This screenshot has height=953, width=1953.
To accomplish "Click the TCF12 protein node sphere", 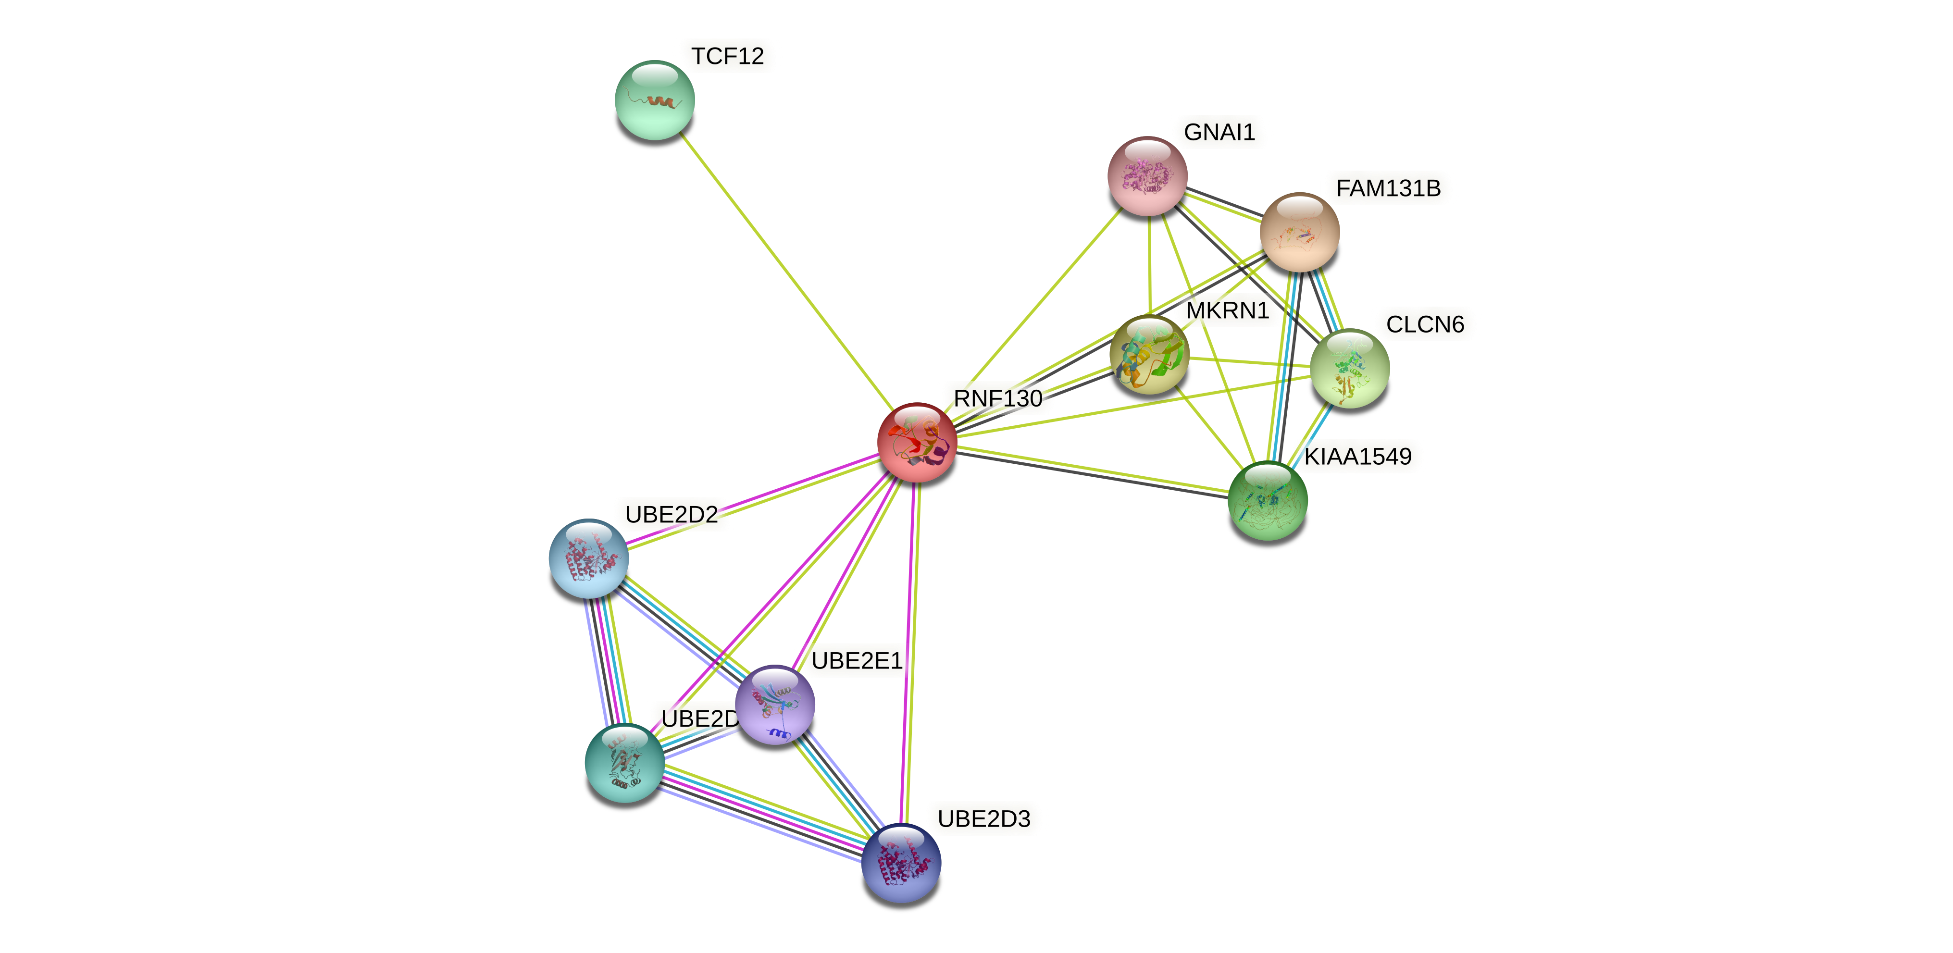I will (x=654, y=100).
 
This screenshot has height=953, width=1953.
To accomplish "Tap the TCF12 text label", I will (x=727, y=56).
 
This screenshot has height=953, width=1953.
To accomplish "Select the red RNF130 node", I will (x=917, y=442).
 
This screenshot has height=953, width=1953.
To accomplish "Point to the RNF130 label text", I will (x=998, y=399).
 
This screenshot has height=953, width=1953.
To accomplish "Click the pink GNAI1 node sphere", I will (x=1148, y=176).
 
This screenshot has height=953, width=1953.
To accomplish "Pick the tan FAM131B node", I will (x=1299, y=232).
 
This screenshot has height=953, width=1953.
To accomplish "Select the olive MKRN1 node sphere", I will (x=1149, y=354).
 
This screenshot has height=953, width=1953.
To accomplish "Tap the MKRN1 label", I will (x=1227, y=310).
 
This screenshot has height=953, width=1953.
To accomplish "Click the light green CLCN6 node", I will (x=1350, y=369).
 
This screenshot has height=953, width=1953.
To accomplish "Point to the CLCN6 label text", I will (x=1425, y=324).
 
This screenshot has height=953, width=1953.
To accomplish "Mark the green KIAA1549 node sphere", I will (x=1267, y=500).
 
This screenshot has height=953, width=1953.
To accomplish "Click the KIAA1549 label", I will (x=1357, y=457).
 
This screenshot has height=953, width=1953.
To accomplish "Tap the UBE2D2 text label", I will (x=671, y=515).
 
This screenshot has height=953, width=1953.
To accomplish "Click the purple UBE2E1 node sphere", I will (x=775, y=705).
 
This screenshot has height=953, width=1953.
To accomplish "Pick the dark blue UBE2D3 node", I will (x=901, y=863).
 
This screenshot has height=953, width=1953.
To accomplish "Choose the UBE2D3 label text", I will (x=983, y=819).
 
